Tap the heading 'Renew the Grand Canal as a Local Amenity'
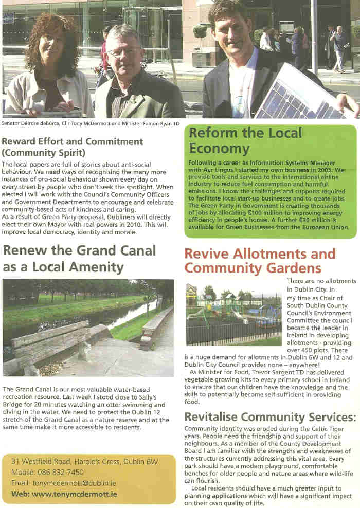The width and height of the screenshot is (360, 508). coord(79,259)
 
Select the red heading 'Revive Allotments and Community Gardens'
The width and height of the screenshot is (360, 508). coord(260,261)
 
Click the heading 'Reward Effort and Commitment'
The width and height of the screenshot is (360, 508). coord(73,141)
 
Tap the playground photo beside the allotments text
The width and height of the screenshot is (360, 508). coord(233,314)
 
